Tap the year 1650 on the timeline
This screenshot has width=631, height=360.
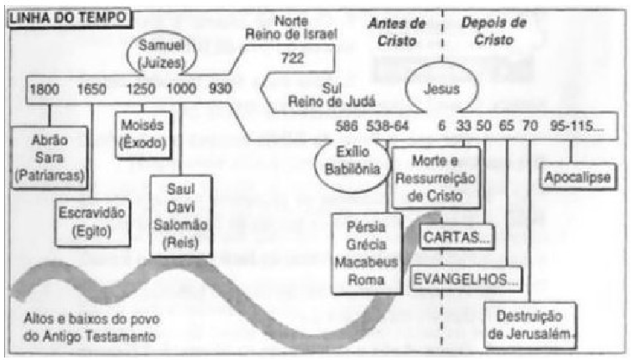pos(91,88)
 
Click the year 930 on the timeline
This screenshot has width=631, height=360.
pos(220,88)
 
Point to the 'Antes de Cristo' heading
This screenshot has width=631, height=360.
pos(394,29)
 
